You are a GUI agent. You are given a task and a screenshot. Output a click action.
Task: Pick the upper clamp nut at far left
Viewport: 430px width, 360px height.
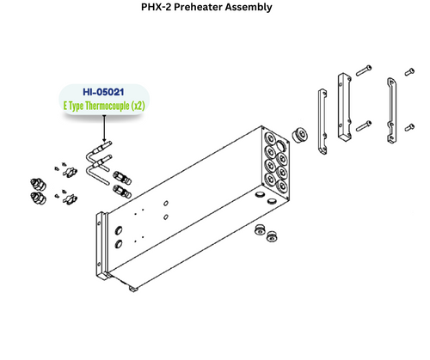point(37,182)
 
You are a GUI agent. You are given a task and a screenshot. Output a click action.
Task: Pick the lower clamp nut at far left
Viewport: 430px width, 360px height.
point(38,201)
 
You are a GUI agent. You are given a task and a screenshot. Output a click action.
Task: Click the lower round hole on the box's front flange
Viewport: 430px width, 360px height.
point(118,245)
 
